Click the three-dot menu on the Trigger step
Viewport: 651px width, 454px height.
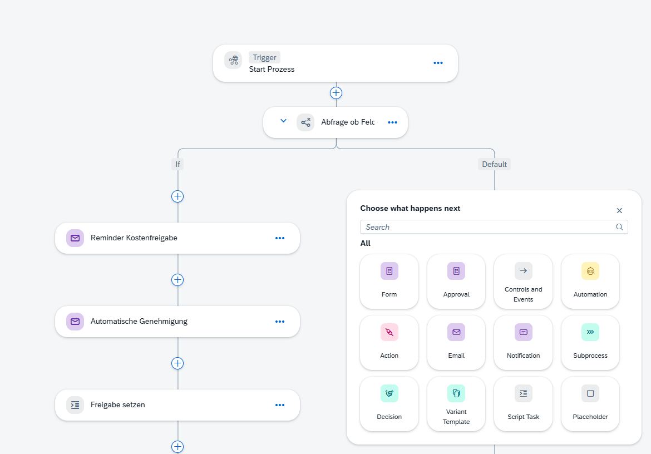click(438, 63)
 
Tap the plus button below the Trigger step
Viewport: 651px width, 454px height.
click(336, 93)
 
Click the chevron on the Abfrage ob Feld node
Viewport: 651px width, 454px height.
click(284, 121)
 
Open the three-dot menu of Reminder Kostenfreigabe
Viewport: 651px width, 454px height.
click(280, 238)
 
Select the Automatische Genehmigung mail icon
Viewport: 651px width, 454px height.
click(75, 322)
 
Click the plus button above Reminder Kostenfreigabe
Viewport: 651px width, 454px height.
click(177, 196)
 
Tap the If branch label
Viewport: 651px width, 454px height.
click(177, 164)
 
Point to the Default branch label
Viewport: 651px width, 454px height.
click(494, 164)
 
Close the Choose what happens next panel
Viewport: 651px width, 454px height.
click(619, 211)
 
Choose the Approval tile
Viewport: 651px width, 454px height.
click(456, 282)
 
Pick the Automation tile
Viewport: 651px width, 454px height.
click(590, 282)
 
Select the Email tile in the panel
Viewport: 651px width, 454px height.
click(456, 342)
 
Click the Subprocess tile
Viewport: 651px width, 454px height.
click(590, 342)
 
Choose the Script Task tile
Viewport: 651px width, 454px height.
click(523, 404)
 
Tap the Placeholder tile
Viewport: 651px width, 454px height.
click(590, 404)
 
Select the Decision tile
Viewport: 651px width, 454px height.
click(389, 404)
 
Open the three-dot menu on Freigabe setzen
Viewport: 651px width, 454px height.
click(280, 405)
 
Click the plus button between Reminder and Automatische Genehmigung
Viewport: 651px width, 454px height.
click(177, 280)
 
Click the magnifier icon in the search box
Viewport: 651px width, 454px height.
click(619, 227)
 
